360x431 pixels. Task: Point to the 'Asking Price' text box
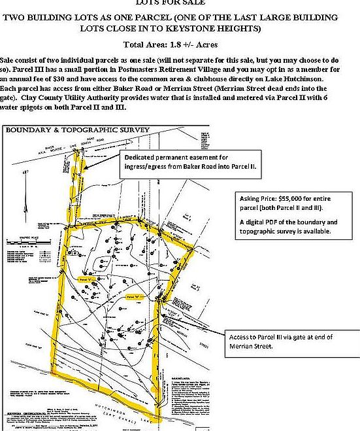click(x=287, y=213)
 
